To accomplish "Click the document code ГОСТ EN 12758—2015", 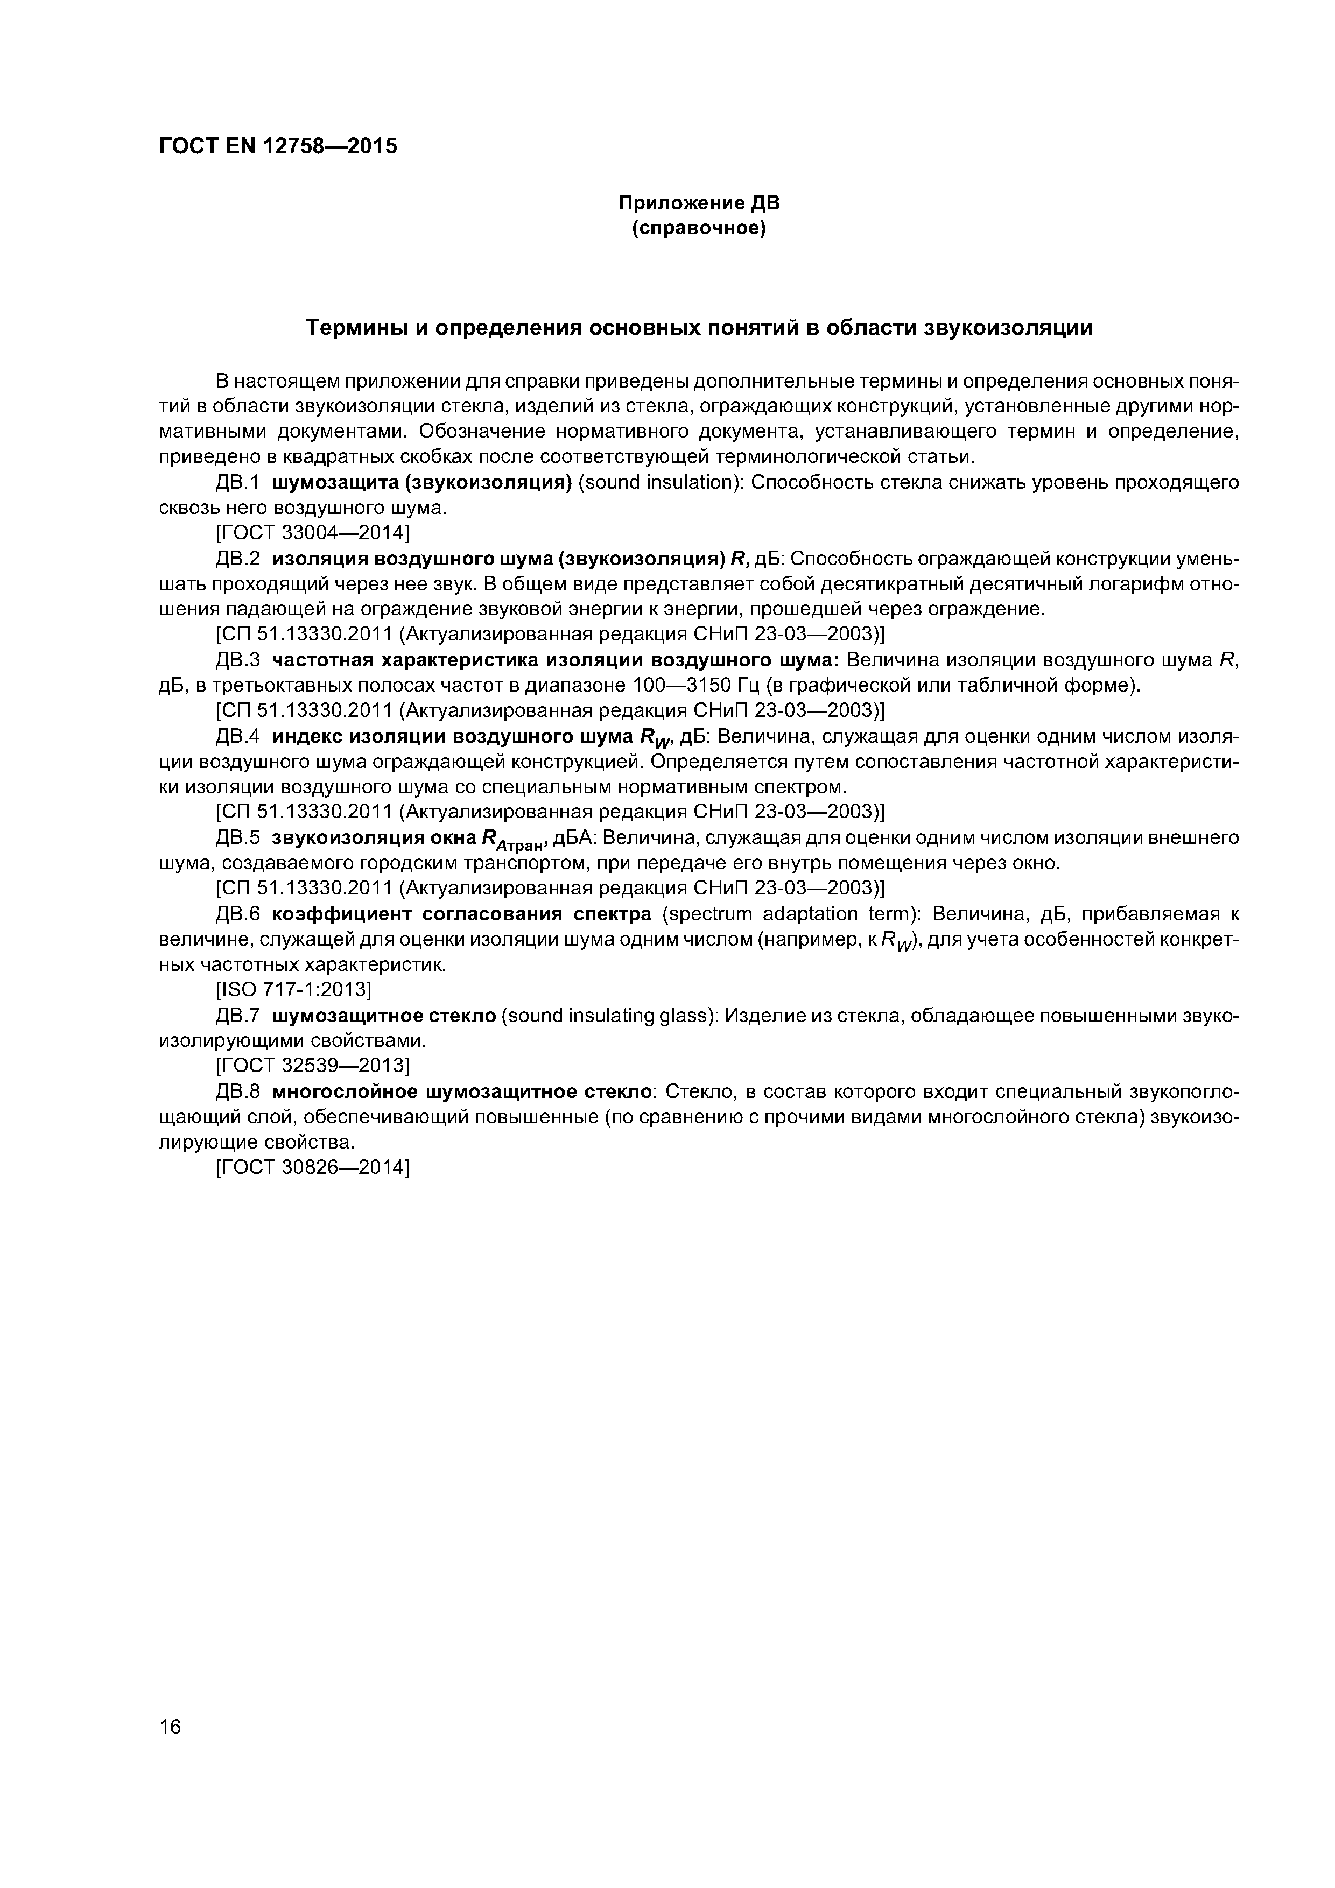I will [x=277, y=146].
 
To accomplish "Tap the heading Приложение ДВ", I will [x=698, y=203].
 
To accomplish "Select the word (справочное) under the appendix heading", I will [x=698, y=228].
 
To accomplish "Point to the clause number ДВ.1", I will [x=237, y=482].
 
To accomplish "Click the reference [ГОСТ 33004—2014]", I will [x=312, y=533].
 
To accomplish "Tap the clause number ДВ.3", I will [x=237, y=660].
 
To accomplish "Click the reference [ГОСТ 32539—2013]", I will [x=312, y=1066].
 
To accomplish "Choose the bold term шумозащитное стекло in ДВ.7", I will [x=384, y=1016].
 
